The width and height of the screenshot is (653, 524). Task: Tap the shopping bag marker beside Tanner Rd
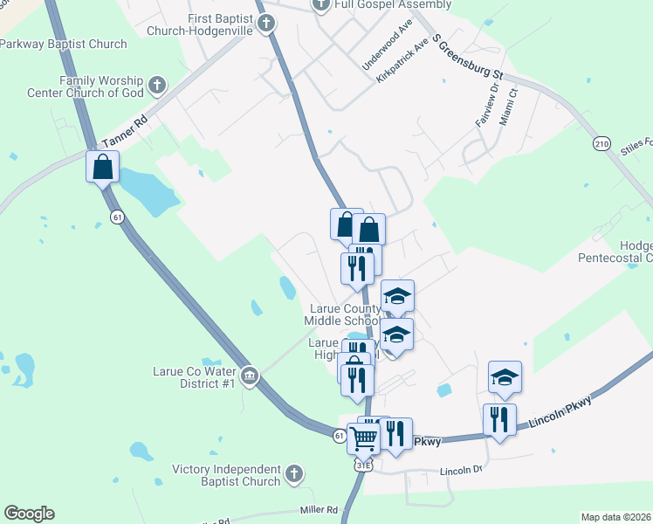[x=102, y=166]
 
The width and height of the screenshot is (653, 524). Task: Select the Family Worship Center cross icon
[x=157, y=85]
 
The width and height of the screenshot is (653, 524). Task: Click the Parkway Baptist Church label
[x=64, y=44]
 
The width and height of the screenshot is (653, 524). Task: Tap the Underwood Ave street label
[x=388, y=45]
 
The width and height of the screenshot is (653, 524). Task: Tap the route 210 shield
[x=601, y=143]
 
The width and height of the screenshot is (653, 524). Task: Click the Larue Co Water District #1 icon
[x=250, y=376]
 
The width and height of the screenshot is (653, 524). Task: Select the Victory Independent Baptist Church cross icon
[x=294, y=474]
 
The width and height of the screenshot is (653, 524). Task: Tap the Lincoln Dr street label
[x=462, y=470]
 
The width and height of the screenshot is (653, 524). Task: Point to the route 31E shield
[x=362, y=465]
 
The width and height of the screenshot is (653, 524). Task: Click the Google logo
[x=29, y=513]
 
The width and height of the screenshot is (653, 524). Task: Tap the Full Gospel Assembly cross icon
[x=321, y=4]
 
